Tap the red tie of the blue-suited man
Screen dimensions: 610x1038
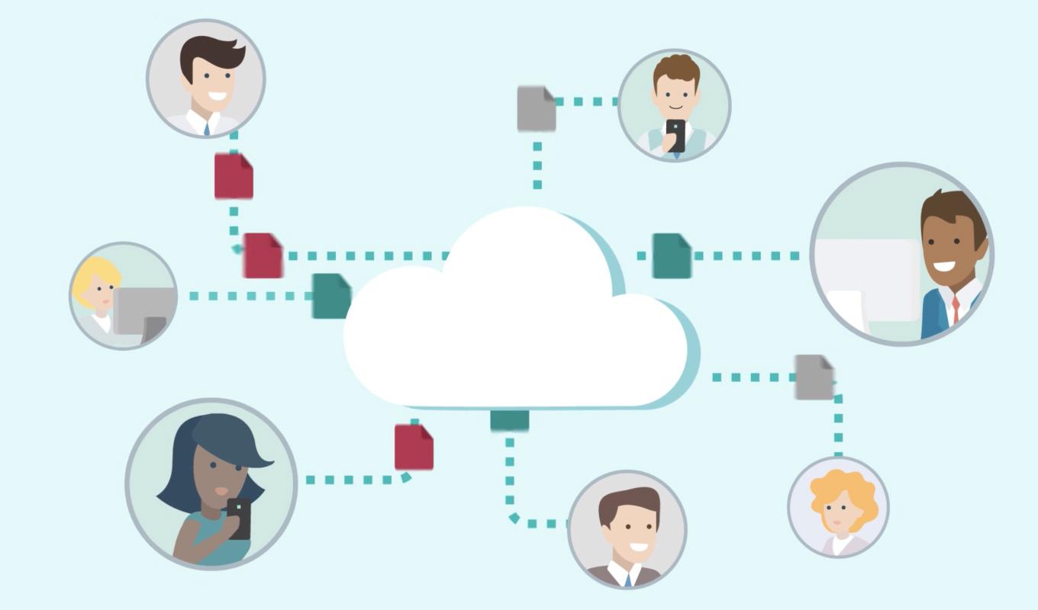tap(955, 309)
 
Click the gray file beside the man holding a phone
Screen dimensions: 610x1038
tap(536, 108)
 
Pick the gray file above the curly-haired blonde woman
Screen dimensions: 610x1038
tap(814, 377)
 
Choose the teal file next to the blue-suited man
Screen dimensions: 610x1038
tap(671, 255)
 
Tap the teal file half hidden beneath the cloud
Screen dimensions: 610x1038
tap(509, 419)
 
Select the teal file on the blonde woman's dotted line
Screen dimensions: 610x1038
tap(331, 295)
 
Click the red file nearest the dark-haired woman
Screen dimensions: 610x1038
tap(414, 447)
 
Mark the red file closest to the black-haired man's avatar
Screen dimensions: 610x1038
tap(233, 176)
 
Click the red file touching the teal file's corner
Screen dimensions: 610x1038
tap(263, 255)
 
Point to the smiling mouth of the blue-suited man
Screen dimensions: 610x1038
tap(944, 267)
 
